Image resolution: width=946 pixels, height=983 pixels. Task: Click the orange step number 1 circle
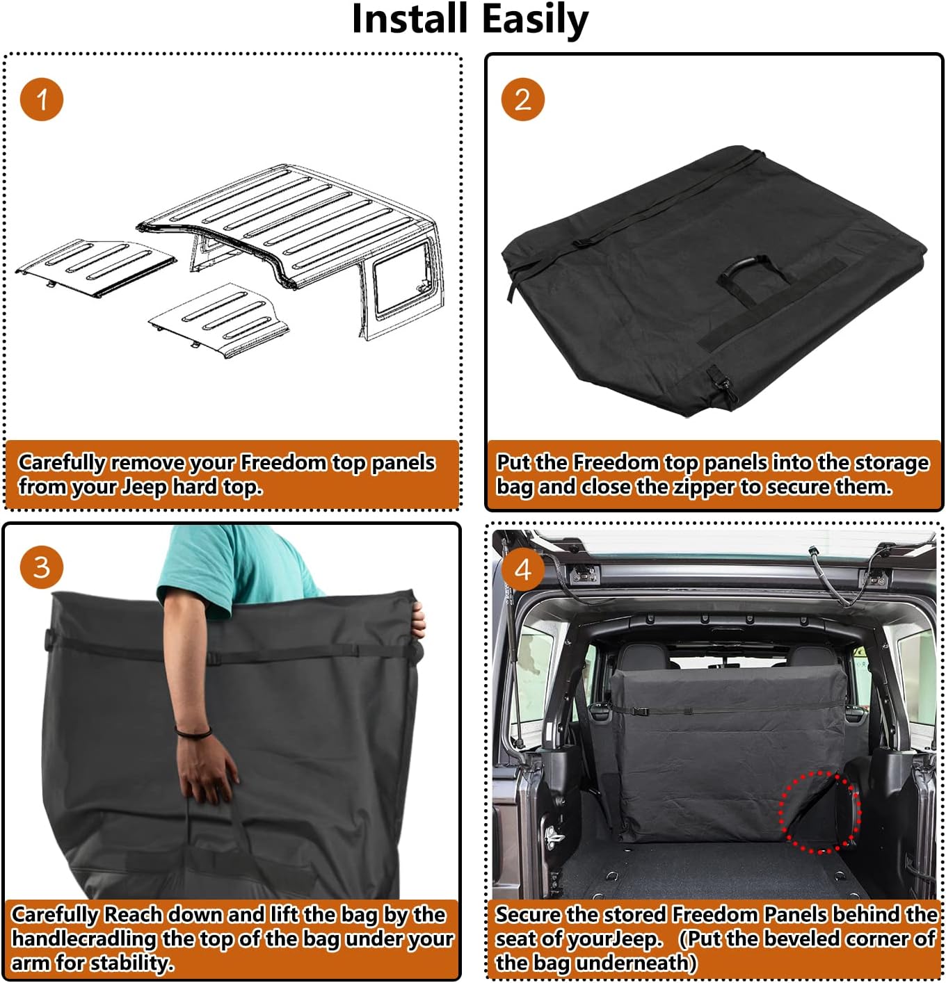pyautogui.click(x=42, y=99)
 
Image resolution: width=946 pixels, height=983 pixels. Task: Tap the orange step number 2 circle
pyautogui.click(x=522, y=99)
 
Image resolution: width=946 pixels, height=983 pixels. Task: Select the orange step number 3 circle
pyautogui.click(x=42, y=567)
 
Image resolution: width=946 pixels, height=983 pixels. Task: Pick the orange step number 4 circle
pyautogui.click(x=522, y=570)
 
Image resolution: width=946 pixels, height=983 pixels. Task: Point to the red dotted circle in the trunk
pyautogui.click(x=819, y=812)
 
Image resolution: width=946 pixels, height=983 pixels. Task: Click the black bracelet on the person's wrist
pyautogui.click(x=193, y=732)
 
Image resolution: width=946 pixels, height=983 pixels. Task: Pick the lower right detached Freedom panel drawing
pyautogui.click(x=219, y=320)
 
